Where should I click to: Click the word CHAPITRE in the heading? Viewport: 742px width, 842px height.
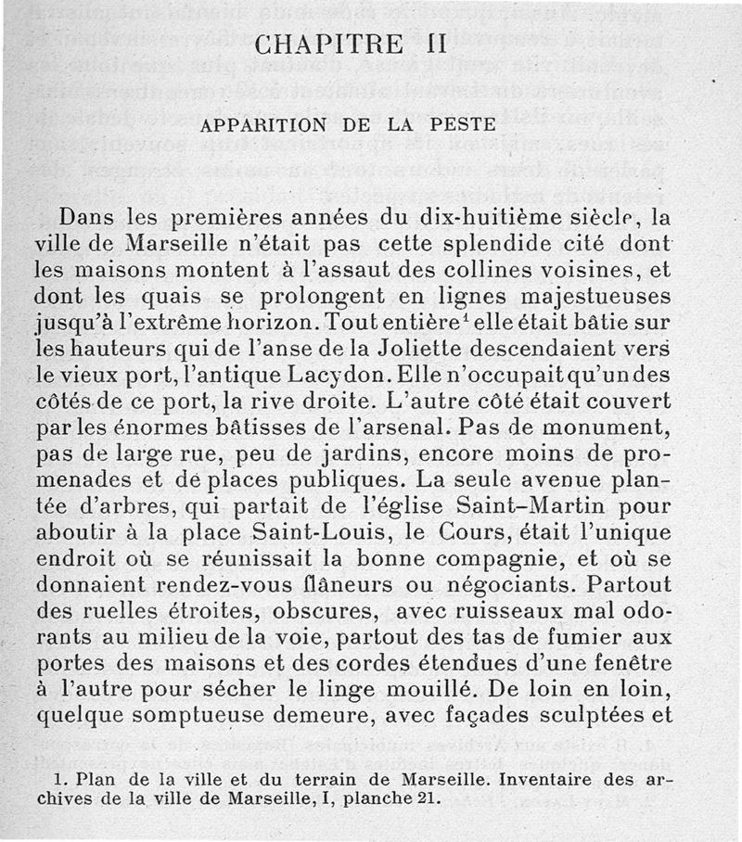click(327, 45)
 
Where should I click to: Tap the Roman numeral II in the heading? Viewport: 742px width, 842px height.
click(433, 45)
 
